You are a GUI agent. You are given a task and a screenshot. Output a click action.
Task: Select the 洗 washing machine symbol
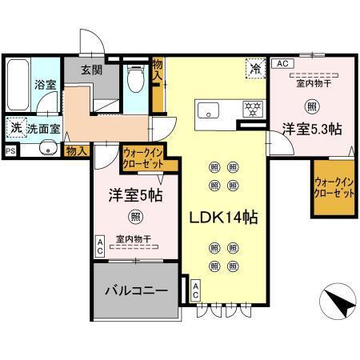pos(15,126)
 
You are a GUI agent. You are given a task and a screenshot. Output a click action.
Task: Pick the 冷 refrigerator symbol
pos(254,70)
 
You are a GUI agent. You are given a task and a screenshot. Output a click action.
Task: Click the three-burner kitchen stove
pos(254,109)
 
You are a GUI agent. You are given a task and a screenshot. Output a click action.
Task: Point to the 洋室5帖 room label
pos(130,195)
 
